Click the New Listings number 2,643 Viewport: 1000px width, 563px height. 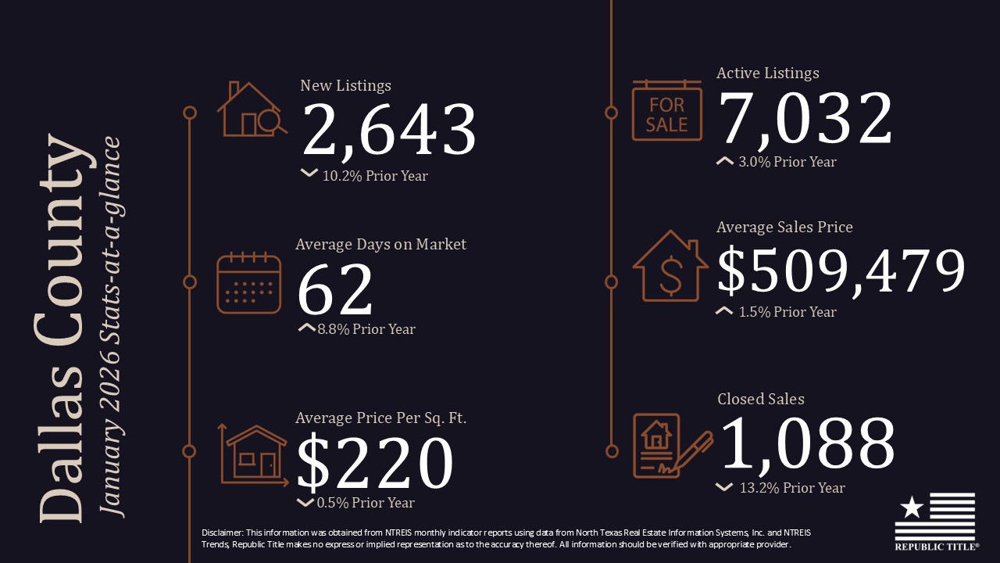pos(388,130)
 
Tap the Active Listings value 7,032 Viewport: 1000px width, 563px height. pos(805,118)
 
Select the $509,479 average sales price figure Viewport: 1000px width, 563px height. pos(841,271)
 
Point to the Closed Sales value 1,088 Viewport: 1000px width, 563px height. pos(806,443)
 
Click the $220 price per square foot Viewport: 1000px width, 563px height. pos(375,463)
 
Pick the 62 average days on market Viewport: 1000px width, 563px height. pos(335,290)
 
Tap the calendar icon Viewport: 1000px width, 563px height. pos(248,282)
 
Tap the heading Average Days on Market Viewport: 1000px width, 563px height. pos(380,244)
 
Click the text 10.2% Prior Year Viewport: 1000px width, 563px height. pos(375,176)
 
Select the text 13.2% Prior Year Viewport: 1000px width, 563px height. pos(792,488)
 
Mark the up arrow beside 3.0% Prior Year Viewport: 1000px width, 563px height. pos(724,162)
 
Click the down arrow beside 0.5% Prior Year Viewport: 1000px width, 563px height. pos(305,503)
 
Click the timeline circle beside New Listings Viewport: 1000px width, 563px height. pos(189,113)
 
